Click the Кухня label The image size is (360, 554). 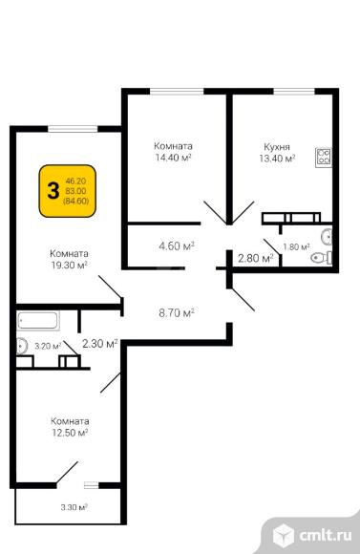(x=277, y=147)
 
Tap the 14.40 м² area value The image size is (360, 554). (x=173, y=158)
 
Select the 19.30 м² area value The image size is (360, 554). (x=70, y=265)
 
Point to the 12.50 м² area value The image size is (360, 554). (x=70, y=433)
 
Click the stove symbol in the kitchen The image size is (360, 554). (x=324, y=158)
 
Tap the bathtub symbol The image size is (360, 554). (x=38, y=320)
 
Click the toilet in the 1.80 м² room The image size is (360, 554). (x=321, y=258)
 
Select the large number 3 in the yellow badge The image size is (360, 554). (x=53, y=191)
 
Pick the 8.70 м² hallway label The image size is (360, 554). (x=177, y=312)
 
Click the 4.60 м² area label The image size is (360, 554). (x=177, y=245)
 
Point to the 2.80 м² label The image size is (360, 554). (x=256, y=258)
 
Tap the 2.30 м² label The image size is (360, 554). (x=100, y=344)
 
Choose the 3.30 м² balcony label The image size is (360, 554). (x=74, y=508)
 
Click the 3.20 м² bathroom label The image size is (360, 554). (x=48, y=346)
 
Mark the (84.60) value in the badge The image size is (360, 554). (x=76, y=202)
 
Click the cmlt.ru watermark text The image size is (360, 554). (x=326, y=536)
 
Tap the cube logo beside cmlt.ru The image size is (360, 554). (x=284, y=535)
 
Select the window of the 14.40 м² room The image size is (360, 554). (x=177, y=91)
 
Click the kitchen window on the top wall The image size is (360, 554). (x=294, y=91)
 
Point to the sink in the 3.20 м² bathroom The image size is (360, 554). (x=22, y=346)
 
